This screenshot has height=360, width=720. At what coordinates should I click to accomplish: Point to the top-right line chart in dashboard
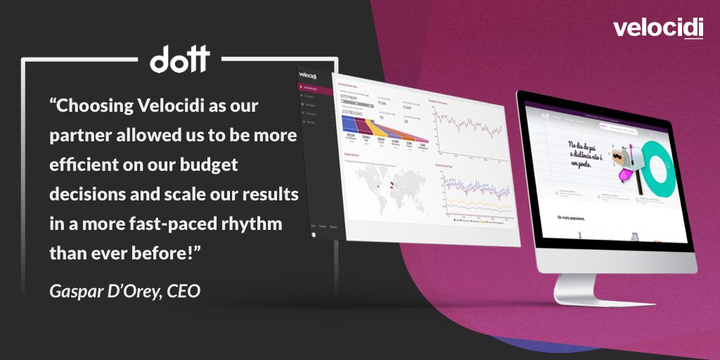click(467, 127)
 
